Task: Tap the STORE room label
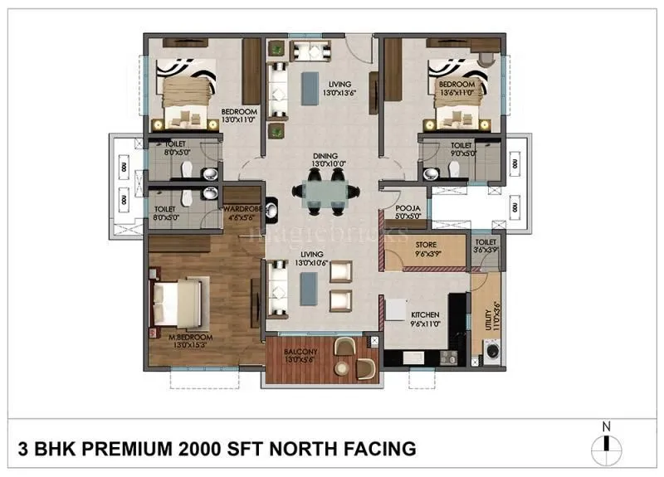(x=425, y=246)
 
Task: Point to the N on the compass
(x=607, y=427)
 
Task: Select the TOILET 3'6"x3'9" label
(x=485, y=245)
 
